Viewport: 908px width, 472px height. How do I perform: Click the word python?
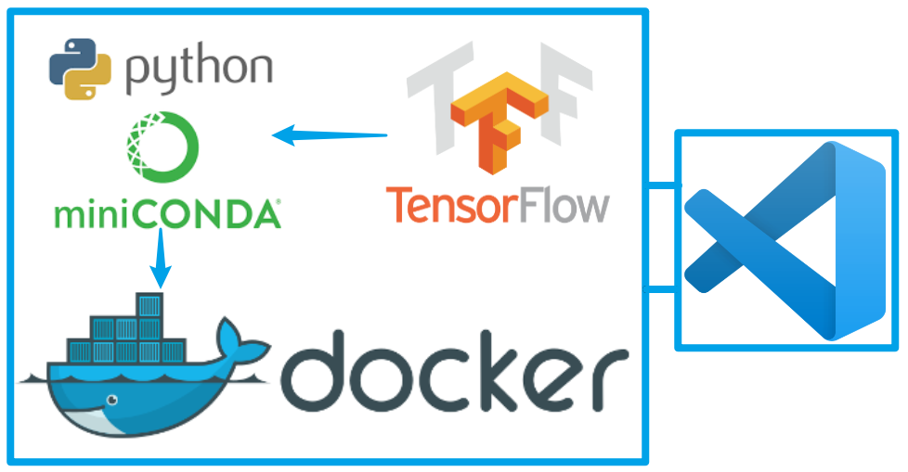(x=197, y=70)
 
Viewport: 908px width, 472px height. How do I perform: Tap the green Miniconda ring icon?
(x=162, y=147)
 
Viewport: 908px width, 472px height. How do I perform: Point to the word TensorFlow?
(x=497, y=205)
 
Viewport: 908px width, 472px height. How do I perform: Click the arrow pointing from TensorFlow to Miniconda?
(x=330, y=135)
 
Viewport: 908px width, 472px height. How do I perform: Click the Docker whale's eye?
(x=112, y=401)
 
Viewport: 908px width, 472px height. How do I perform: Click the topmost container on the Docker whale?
(x=149, y=305)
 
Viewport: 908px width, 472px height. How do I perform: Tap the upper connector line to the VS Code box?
(x=661, y=187)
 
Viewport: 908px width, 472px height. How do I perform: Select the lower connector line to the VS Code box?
(x=661, y=290)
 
